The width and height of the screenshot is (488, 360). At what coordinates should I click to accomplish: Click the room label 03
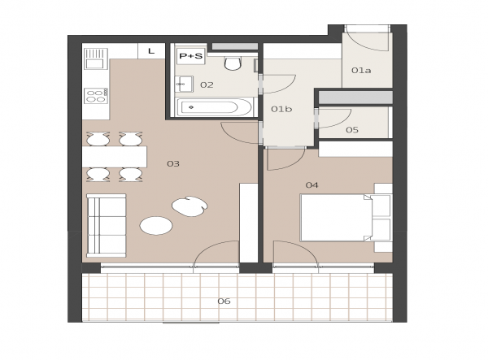pyautogui.click(x=173, y=163)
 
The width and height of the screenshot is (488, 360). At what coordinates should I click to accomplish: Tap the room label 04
pyautogui.click(x=312, y=185)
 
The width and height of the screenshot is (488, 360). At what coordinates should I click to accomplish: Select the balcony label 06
pyautogui.click(x=224, y=301)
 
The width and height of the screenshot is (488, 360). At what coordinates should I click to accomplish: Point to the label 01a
pyautogui.click(x=361, y=71)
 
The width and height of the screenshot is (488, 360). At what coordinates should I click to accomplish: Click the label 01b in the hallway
pyautogui.click(x=281, y=109)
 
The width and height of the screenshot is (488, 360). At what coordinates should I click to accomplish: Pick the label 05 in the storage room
pyautogui.click(x=352, y=130)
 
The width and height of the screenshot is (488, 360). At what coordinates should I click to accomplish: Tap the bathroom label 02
pyautogui.click(x=207, y=85)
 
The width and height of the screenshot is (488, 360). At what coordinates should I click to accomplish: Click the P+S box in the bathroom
pyautogui.click(x=191, y=56)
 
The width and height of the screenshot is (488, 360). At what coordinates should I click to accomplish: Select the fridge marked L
pyautogui.click(x=151, y=51)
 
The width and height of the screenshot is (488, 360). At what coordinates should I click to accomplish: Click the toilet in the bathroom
pyautogui.click(x=233, y=63)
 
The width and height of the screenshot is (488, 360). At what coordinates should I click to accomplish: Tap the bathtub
pyautogui.click(x=215, y=107)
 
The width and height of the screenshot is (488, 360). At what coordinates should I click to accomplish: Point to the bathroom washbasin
pyautogui.click(x=184, y=84)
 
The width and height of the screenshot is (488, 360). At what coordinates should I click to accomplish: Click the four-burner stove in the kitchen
pyautogui.click(x=96, y=96)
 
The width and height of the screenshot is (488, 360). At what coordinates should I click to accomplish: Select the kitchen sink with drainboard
pyautogui.click(x=96, y=59)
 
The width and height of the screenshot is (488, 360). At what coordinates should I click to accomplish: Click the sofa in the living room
pyautogui.click(x=106, y=226)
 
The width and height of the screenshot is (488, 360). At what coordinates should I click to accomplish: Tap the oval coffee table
pyautogui.click(x=156, y=226)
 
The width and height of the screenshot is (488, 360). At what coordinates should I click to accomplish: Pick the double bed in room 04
pyautogui.click(x=345, y=218)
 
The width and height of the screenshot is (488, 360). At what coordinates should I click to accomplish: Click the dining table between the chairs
pyautogui.click(x=114, y=157)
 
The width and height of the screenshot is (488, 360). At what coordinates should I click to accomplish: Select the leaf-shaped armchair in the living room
pyautogui.click(x=190, y=206)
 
